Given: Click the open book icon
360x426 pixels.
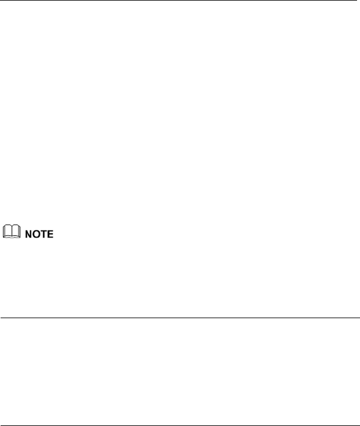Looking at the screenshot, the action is (10, 233).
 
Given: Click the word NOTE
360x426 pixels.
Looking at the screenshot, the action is (37, 235).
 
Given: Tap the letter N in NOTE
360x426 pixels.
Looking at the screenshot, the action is (26, 235).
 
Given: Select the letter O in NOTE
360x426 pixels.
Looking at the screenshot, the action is (33, 235).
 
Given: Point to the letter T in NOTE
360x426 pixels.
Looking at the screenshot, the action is (40, 235).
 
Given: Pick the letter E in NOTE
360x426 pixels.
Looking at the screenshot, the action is (48, 235).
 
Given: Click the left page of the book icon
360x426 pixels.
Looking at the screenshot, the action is (7, 233).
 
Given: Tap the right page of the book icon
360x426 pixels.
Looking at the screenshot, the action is (14, 233).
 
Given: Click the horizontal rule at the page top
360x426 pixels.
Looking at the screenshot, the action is (180, 1).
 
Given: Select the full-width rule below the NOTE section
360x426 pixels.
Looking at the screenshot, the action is (180, 318).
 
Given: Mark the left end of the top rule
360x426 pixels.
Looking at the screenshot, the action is (1, 1).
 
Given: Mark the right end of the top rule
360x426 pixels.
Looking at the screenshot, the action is (359, 1).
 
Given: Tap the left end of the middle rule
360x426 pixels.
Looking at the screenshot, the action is (1, 318).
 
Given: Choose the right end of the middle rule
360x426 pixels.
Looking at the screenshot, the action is (359, 318).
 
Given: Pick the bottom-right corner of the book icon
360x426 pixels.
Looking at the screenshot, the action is (17, 238).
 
